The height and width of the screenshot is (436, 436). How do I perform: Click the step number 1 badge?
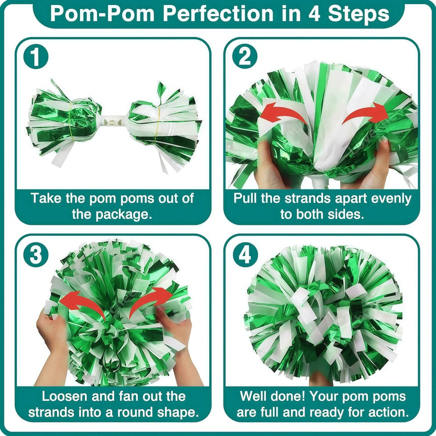(x=35, y=57)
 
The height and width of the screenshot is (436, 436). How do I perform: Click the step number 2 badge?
(x=245, y=57)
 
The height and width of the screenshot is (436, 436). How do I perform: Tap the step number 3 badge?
(x=35, y=255)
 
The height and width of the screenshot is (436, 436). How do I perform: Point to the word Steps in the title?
(x=358, y=13)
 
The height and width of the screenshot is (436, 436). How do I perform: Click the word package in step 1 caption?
(x=124, y=214)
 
